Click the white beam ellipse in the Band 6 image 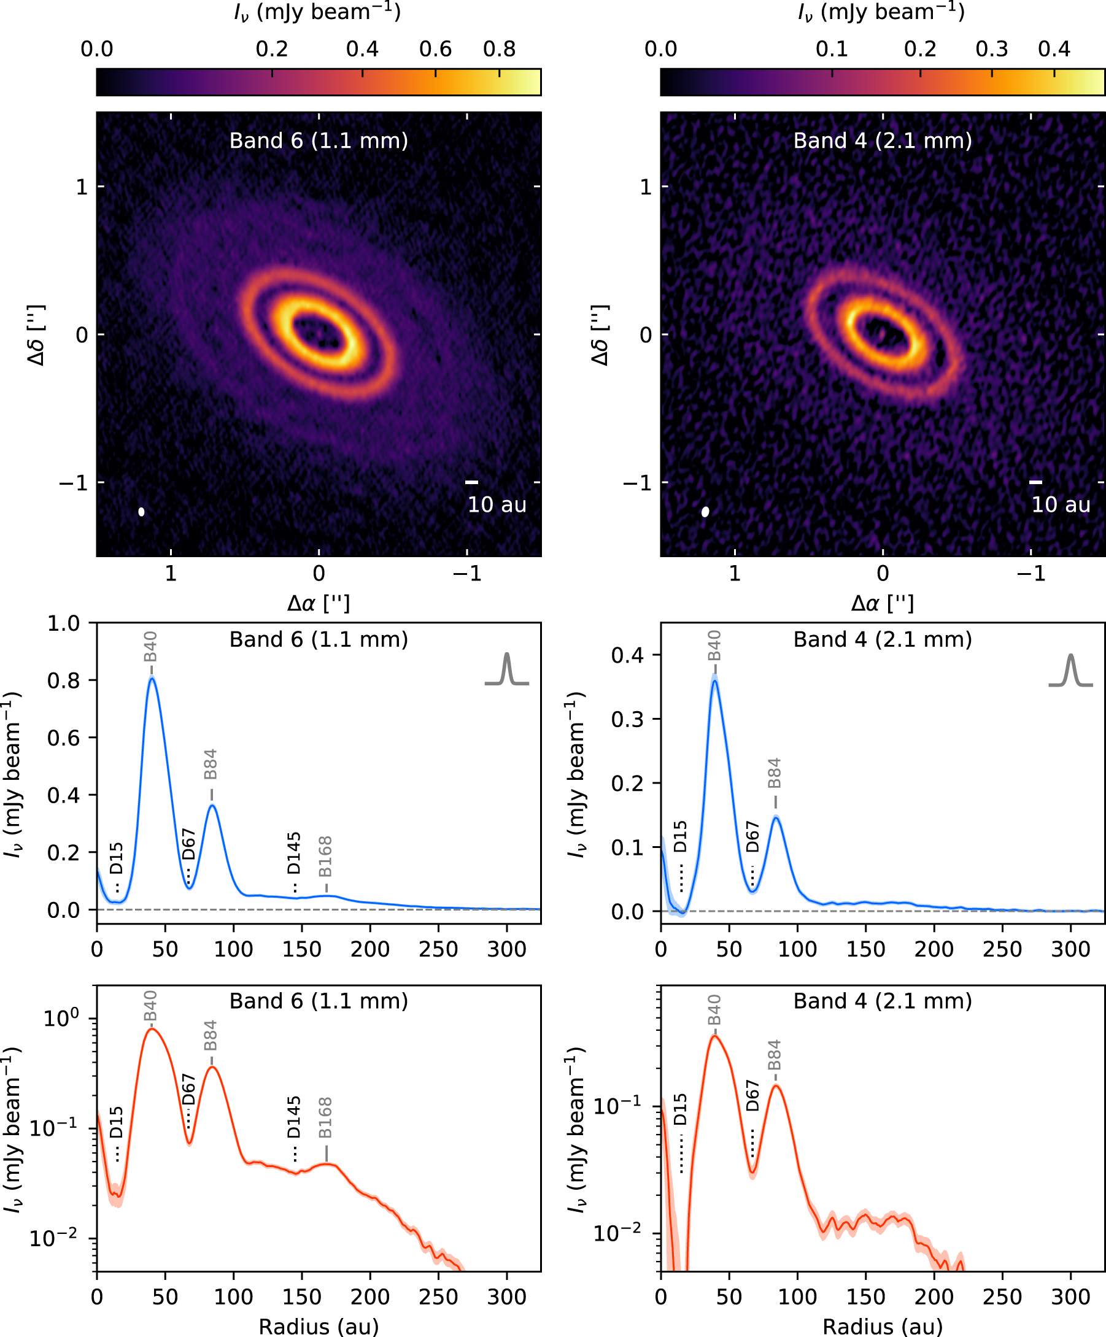point(141,511)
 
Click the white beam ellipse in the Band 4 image point(705,511)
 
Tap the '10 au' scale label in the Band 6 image point(497,505)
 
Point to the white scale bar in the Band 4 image point(1036,482)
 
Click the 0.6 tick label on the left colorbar point(436,49)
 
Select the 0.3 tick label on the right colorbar point(991,49)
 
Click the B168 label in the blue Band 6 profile point(325,857)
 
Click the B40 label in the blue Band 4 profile point(714,645)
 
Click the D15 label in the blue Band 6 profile point(117,858)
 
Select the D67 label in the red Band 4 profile point(752,1095)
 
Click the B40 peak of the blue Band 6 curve point(152,678)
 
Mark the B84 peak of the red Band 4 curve point(776,1085)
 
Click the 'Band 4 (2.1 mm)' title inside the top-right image point(883,141)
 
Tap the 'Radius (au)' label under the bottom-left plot point(319,1326)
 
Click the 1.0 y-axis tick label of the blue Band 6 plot point(64,623)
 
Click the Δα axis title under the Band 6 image point(319,603)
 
